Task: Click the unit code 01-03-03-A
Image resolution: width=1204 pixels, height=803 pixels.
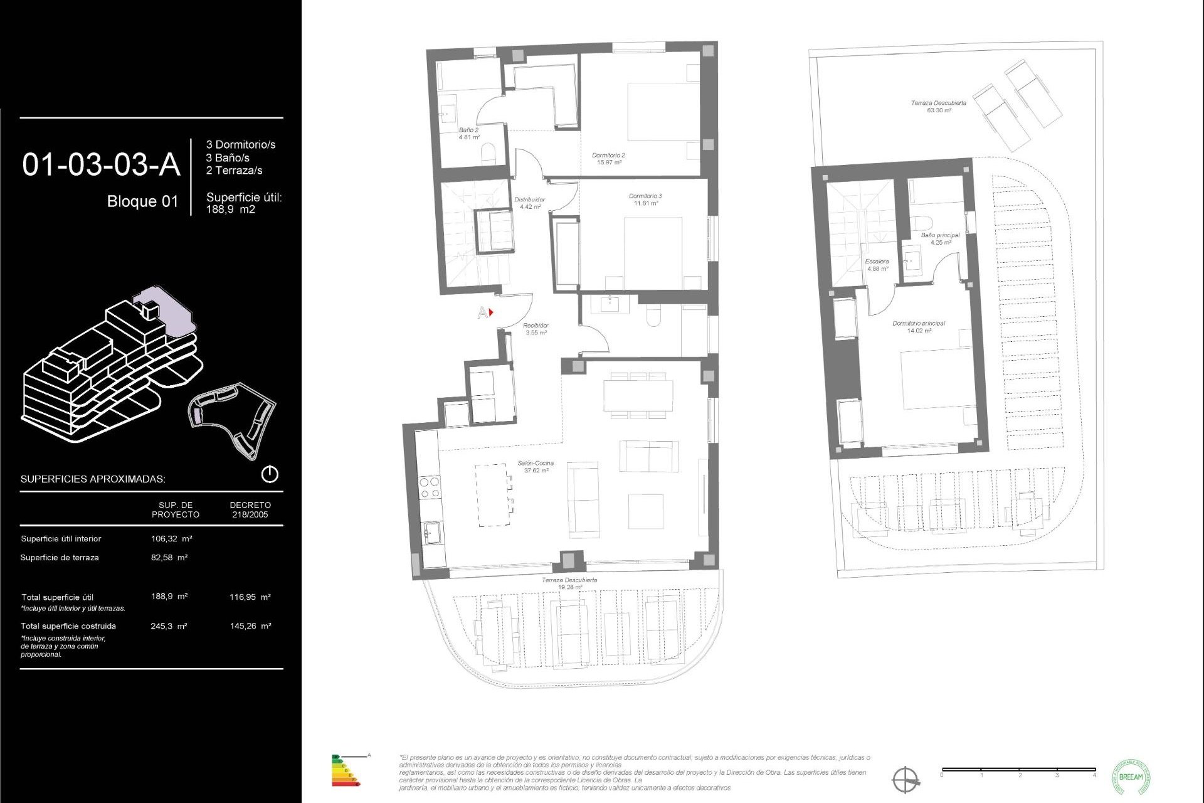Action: [101, 164]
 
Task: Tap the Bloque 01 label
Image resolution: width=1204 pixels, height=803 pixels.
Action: [142, 201]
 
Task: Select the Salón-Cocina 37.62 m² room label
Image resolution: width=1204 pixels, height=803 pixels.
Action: [536, 467]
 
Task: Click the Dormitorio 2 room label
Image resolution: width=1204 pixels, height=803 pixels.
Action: [608, 159]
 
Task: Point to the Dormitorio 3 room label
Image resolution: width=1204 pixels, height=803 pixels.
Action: [645, 199]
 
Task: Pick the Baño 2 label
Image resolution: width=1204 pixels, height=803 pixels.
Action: [468, 134]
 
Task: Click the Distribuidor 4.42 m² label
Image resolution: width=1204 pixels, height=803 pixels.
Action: [529, 203]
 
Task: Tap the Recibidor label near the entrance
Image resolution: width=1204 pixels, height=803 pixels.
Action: [536, 329]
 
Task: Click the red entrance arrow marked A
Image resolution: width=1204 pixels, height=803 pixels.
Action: [491, 312]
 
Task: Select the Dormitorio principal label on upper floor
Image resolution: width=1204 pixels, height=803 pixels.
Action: [919, 327]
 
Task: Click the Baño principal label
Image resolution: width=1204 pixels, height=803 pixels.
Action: [940, 238]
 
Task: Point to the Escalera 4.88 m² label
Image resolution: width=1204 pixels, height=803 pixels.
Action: [877, 265]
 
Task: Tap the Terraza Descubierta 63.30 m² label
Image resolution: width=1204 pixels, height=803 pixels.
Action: [938, 106]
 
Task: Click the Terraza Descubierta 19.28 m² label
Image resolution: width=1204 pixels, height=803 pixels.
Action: [569, 583]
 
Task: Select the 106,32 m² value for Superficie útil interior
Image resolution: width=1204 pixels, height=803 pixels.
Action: [171, 538]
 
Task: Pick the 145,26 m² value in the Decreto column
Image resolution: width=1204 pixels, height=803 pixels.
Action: [250, 626]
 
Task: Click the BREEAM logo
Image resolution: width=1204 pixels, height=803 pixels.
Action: [1131, 777]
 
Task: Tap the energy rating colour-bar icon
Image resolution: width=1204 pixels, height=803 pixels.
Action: [345, 771]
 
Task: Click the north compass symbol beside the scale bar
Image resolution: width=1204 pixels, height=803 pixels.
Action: [906, 780]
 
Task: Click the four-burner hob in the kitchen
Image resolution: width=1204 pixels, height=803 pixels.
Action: [430, 487]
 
